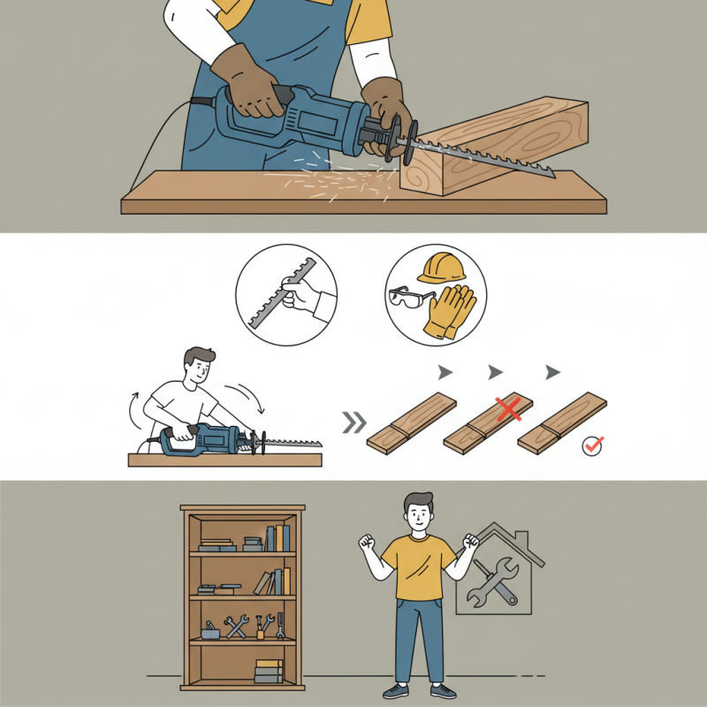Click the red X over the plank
[x=507, y=408]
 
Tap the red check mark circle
[x=593, y=446]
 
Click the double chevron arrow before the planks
[x=354, y=422]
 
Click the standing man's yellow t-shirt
[x=419, y=566]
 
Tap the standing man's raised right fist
[x=366, y=541]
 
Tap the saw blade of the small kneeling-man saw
[x=292, y=440]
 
